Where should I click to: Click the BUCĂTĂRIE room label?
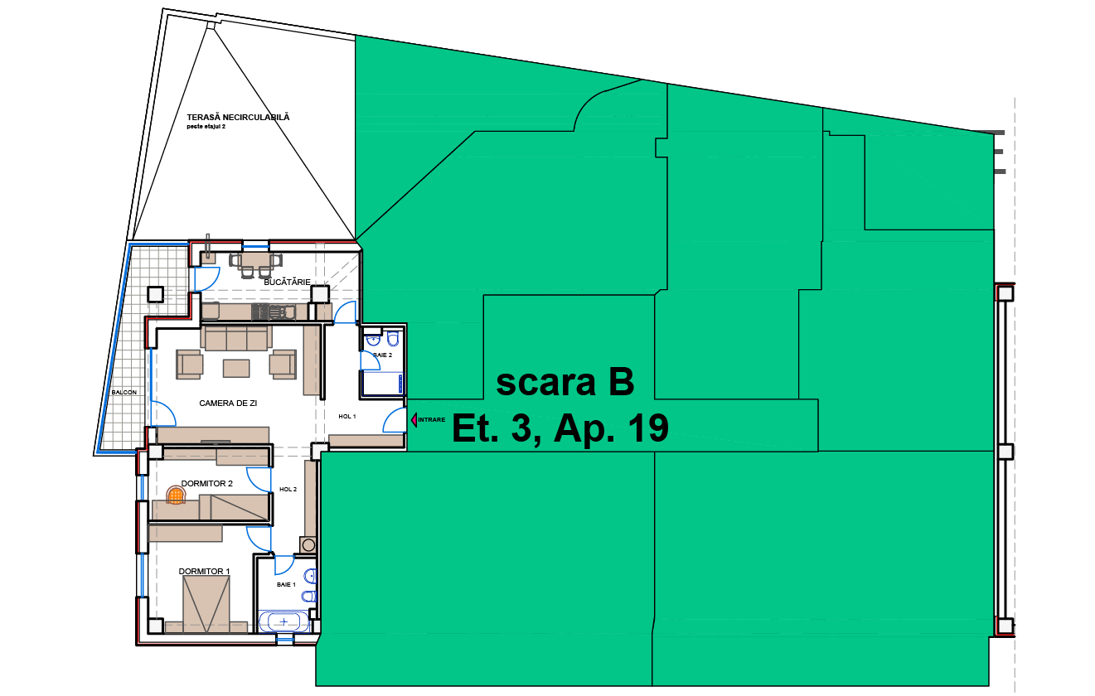[287, 282]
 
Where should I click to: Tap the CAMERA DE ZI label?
[228, 404]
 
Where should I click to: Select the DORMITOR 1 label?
[204, 571]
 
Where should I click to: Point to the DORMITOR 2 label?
[206, 483]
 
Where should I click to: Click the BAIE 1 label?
[286, 585]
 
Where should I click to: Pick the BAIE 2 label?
[382, 355]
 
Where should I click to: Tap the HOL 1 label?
[347, 417]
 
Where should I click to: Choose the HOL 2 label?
[288, 489]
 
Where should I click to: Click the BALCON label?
[124, 393]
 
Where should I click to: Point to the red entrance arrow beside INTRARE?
[414, 420]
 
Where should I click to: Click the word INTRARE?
[432, 420]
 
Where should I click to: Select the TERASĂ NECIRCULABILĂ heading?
[238, 118]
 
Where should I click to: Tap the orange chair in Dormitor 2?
[176, 495]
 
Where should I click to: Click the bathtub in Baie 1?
[283, 621]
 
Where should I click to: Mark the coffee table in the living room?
[236, 369]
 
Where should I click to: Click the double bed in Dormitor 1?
[206, 604]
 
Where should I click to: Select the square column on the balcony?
[156, 295]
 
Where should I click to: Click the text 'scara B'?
[565, 382]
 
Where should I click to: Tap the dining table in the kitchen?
[255, 259]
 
